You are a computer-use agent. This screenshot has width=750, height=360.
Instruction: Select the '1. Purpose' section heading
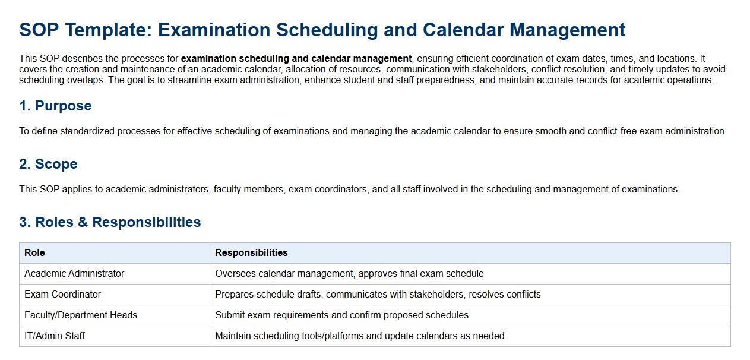tap(55, 106)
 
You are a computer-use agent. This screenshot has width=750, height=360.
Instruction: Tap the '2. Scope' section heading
tap(48, 164)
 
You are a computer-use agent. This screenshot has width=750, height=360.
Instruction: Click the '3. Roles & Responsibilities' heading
tap(110, 222)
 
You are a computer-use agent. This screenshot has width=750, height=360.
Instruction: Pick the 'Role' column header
tap(34, 253)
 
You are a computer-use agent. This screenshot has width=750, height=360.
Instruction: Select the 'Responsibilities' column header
tap(251, 253)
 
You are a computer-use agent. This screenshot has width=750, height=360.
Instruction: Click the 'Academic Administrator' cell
tap(74, 274)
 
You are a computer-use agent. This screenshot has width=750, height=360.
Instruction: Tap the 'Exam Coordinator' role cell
tap(62, 295)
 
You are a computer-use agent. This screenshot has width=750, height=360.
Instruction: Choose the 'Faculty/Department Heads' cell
tap(81, 315)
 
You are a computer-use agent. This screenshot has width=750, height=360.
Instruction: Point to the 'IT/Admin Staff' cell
tap(55, 336)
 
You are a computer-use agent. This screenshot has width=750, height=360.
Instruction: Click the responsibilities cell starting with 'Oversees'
tap(349, 274)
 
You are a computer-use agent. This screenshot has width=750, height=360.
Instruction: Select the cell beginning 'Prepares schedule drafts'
tap(378, 295)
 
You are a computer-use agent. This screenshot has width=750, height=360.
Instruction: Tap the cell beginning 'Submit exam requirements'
tap(341, 315)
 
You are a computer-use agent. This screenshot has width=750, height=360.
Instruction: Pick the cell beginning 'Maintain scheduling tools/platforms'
tap(359, 336)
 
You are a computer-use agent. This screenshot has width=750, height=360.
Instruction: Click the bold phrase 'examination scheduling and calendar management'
tap(296, 59)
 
